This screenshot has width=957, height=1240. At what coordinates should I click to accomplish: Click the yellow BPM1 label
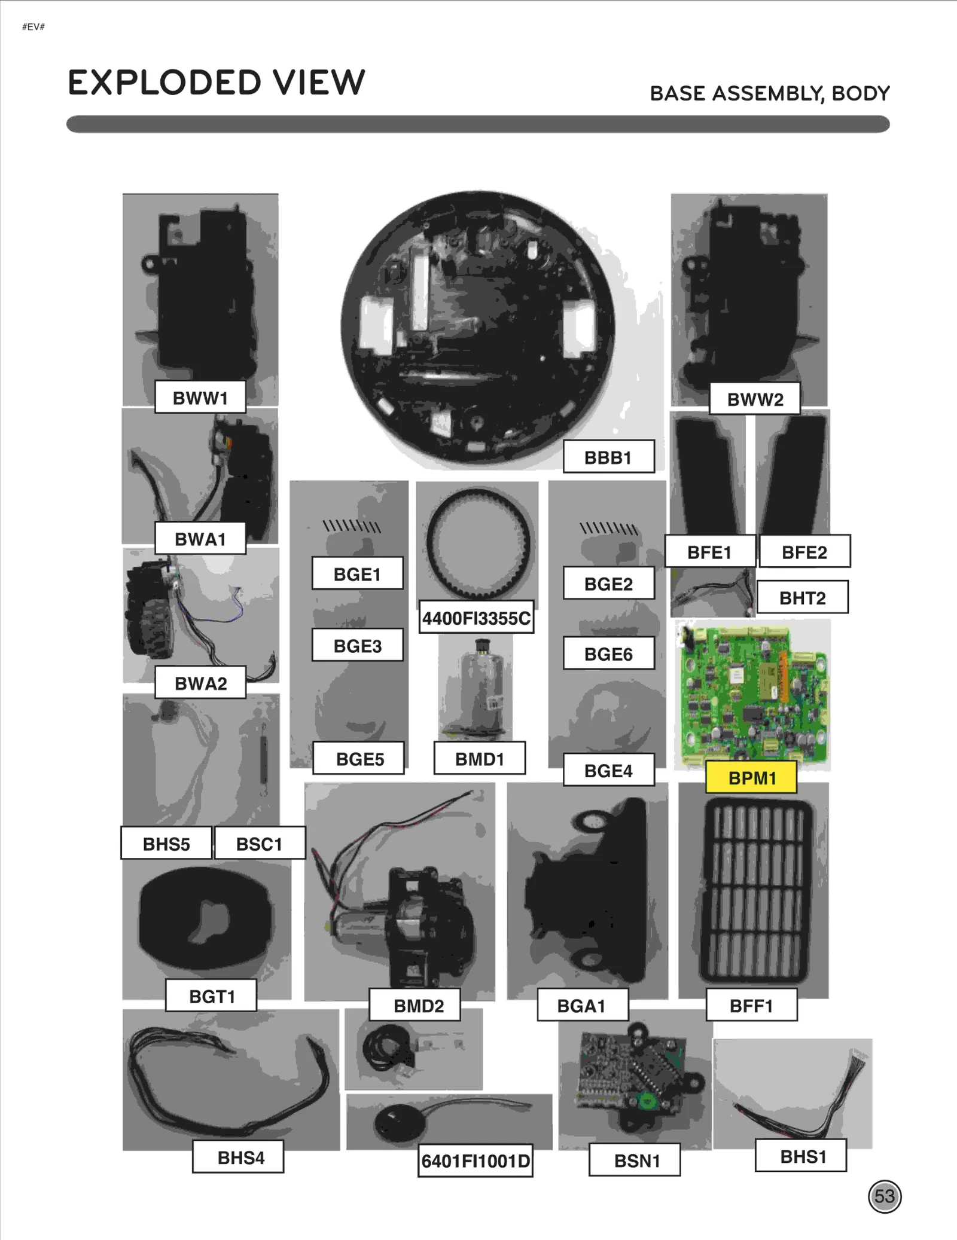pyautogui.click(x=751, y=777)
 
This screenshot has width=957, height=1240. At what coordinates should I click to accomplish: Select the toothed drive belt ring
pyautogui.click(x=478, y=543)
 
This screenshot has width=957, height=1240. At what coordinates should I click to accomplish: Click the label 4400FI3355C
pyautogui.click(x=476, y=618)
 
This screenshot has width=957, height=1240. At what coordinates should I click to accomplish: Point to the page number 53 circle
pyautogui.click(x=884, y=1196)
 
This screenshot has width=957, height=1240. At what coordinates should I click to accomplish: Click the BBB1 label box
pyautogui.click(x=608, y=457)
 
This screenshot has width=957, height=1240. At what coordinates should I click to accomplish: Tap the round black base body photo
pyautogui.click(x=477, y=328)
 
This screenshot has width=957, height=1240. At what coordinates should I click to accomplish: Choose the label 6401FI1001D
pyautogui.click(x=476, y=1161)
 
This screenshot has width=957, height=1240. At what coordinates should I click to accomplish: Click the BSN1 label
pyautogui.click(x=635, y=1160)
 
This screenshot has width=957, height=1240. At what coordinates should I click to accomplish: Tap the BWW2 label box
pyautogui.click(x=754, y=399)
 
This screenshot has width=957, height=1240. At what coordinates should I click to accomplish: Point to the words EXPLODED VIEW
pyautogui.click(x=216, y=83)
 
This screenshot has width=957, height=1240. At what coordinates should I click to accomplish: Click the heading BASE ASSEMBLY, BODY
pyautogui.click(x=769, y=93)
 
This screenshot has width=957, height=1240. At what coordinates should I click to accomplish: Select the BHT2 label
pyautogui.click(x=802, y=597)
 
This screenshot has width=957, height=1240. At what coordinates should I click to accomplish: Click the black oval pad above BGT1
pyautogui.click(x=206, y=918)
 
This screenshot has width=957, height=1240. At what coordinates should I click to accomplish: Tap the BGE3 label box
pyautogui.click(x=357, y=645)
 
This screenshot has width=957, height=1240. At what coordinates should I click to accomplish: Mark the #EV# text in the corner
pyautogui.click(x=33, y=27)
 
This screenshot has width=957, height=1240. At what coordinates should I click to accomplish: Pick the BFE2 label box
pyautogui.click(x=804, y=551)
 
